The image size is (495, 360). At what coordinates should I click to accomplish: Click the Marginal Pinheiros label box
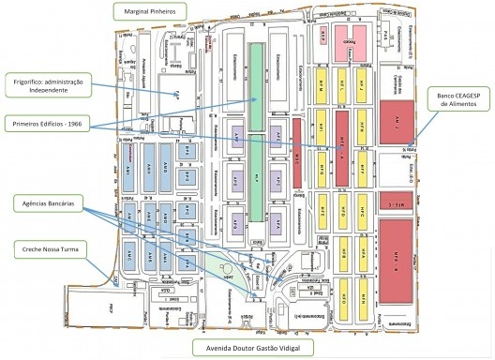click(149, 11)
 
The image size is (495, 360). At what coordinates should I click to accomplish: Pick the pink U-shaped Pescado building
click(343, 41)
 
